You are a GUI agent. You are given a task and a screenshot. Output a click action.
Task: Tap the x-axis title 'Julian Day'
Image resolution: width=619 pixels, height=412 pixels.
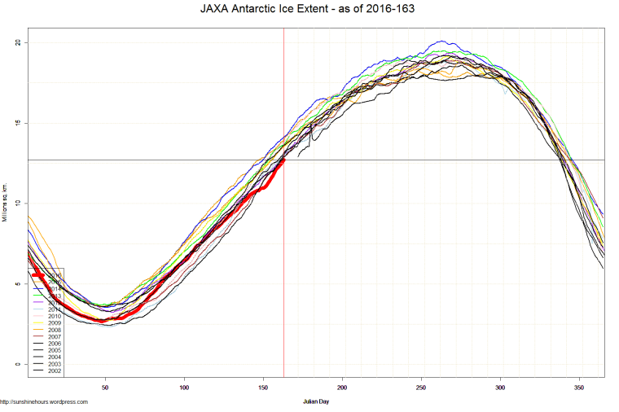click(x=314, y=401)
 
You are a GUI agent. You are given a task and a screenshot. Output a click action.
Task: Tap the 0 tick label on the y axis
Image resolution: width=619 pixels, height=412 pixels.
click(x=20, y=364)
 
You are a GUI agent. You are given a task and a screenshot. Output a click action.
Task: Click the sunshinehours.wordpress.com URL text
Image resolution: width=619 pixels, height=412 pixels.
click(x=44, y=401)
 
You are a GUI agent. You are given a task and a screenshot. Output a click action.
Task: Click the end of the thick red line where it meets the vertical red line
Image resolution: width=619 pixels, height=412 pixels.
click(x=283, y=160)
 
